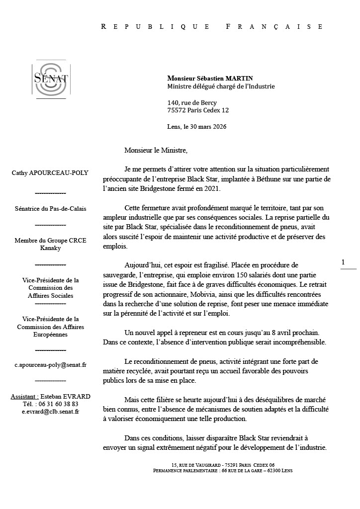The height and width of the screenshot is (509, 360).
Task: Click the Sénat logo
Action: pos(50,78)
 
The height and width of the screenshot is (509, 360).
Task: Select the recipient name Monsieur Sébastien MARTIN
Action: pos(210,78)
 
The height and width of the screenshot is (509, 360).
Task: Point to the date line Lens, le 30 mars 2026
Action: pos(197,126)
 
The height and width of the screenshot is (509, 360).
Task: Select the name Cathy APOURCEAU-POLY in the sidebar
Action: pos(50,173)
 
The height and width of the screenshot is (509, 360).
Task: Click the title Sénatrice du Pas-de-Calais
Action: pos(50,209)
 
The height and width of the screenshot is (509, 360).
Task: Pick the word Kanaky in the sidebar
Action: pos(50,248)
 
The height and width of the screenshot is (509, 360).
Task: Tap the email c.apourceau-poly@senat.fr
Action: pos(50,365)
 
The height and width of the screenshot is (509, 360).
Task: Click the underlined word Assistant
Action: pos(24,396)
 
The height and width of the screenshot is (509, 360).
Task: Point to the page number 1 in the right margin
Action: pos(343,262)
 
